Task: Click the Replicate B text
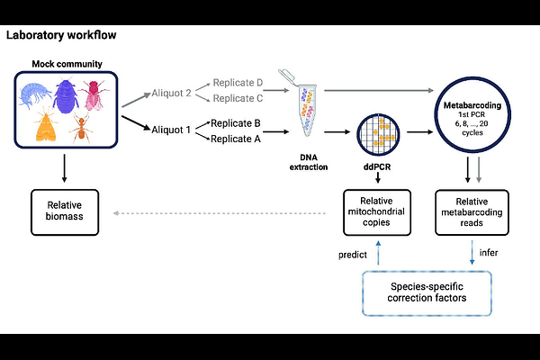pos(236,122)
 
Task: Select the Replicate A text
pos(236,139)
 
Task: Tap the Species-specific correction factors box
pos(427,291)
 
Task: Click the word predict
pos(352,255)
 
